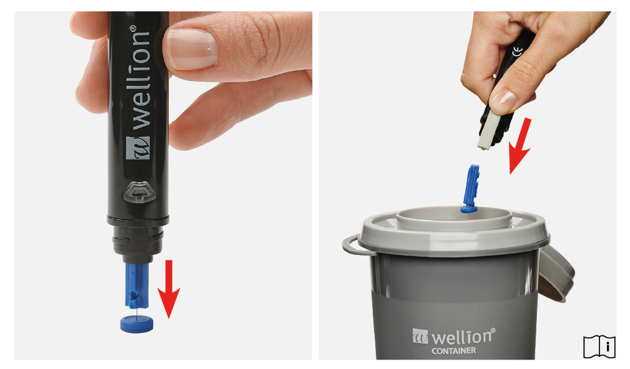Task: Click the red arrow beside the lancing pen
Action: [x=169, y=289]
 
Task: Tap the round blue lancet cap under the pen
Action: [x=137, y=323]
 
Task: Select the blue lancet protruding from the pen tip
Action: [x=137, y=285]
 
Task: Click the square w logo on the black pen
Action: [x=137, y=148]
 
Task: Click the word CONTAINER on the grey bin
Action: [x=454, y=350]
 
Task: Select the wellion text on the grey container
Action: [x=462, y=337]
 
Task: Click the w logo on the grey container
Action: [x=420, y=336]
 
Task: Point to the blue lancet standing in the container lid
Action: [x=471, y=188]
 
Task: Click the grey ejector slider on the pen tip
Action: [x=488, y=130]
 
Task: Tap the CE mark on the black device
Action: [x=518, y=51]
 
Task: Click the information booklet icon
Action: [x=599, y=347]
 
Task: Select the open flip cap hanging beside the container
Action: [x=557, y=273]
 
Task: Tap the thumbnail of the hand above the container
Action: [x=502, y=101]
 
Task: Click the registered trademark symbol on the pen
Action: [x=133, y=29]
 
